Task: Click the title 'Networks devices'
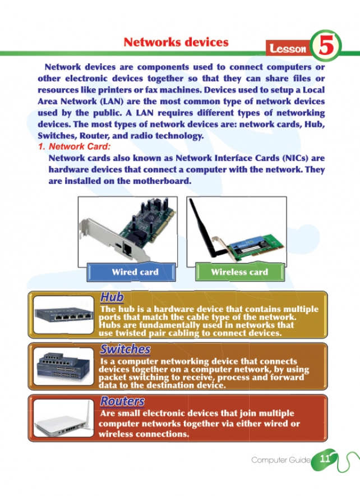[x=176, y=42]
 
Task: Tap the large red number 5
[x=326, y=46]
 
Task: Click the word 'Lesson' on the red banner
[x=288, y=48]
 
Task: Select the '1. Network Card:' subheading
[x=74, y=146]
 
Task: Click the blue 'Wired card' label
[x=135, y=272]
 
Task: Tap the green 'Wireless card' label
[x=239, y=272]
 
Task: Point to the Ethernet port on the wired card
[x=128, y=249]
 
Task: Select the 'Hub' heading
[x=112, y=297]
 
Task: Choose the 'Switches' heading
[x=125, y=349]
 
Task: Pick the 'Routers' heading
[x=122, y=401]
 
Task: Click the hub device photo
[x=64, y=314]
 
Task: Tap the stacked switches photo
[x=64, y=366]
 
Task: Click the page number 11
[x=325, y=458]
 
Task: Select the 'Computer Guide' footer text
[x=281, y=460]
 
